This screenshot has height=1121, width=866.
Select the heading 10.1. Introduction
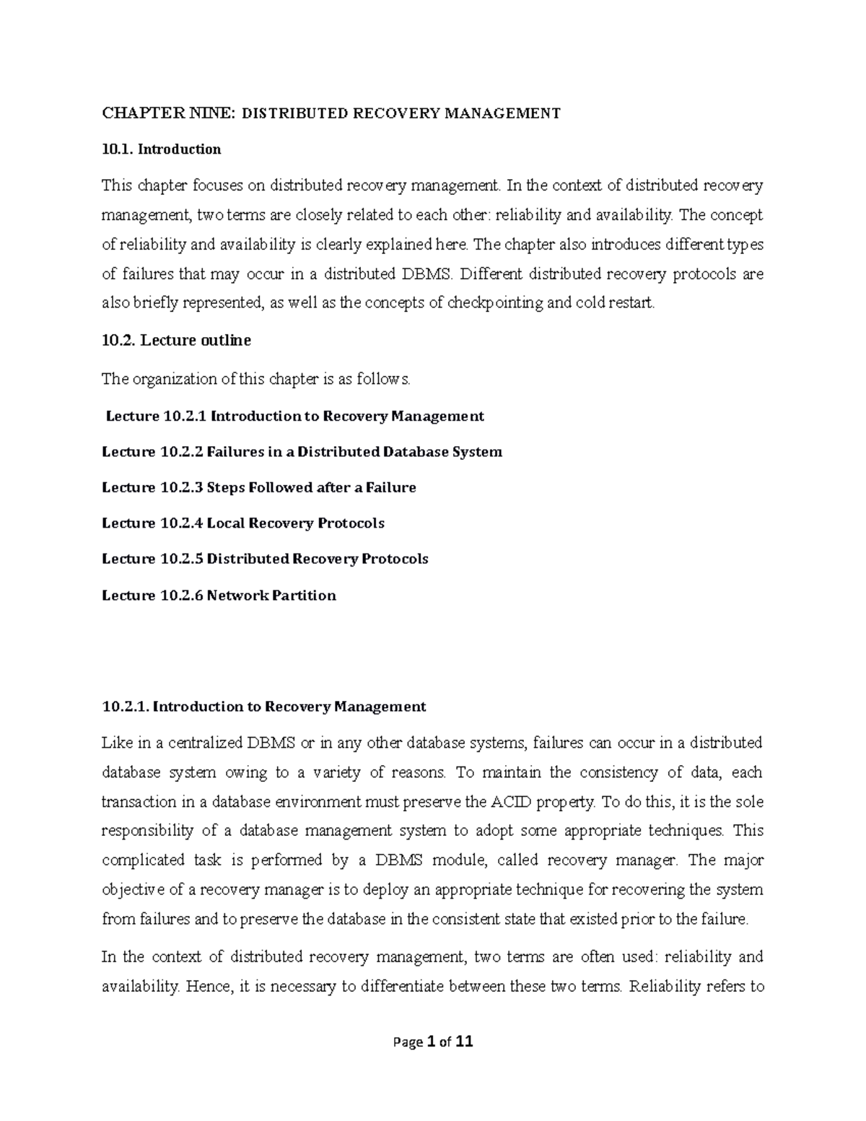161,149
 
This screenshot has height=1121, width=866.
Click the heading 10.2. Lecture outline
176,341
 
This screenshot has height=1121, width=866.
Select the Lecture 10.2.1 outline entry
294,416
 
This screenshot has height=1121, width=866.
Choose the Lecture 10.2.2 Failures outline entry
302,452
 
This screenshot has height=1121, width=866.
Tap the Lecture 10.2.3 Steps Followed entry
259,487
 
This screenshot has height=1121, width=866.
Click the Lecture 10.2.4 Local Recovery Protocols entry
243,523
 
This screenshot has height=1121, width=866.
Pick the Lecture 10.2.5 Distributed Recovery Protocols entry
265,559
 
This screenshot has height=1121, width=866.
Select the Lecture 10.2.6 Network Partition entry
219,596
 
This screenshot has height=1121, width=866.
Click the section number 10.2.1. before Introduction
126,707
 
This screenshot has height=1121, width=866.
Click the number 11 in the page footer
465,1042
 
